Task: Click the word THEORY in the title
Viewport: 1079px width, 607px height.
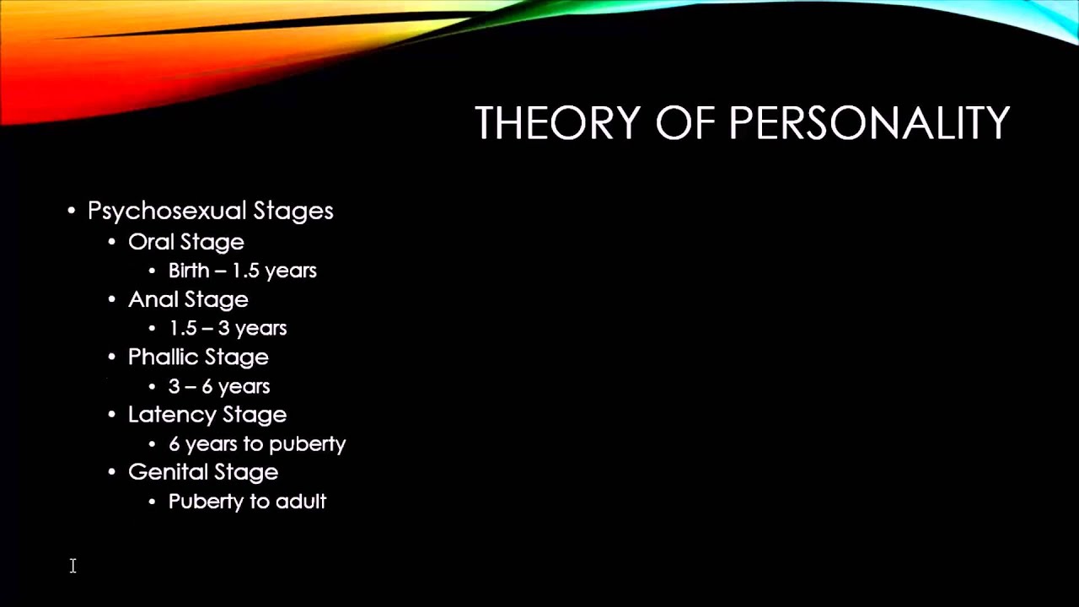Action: (557, 123)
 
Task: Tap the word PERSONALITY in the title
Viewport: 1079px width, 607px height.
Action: (869, 123)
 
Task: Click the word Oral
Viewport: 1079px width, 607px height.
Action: (150, 242)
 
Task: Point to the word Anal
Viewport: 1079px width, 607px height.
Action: (153, 299)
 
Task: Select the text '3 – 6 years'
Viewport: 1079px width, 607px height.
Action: (219, 386)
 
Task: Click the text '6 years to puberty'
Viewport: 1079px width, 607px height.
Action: (257, 444)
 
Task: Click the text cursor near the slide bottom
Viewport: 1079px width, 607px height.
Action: (73, 566)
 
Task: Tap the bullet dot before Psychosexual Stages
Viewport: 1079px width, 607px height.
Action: (72, 211)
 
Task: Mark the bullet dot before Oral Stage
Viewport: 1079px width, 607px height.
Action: (112, 243)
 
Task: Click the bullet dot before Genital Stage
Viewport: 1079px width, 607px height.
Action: (112, 473)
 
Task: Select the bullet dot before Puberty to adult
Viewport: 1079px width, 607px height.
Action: (153, 502)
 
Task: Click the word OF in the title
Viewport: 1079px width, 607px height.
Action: (684, 123)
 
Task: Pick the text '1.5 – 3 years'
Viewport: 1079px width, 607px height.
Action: (228, 328)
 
